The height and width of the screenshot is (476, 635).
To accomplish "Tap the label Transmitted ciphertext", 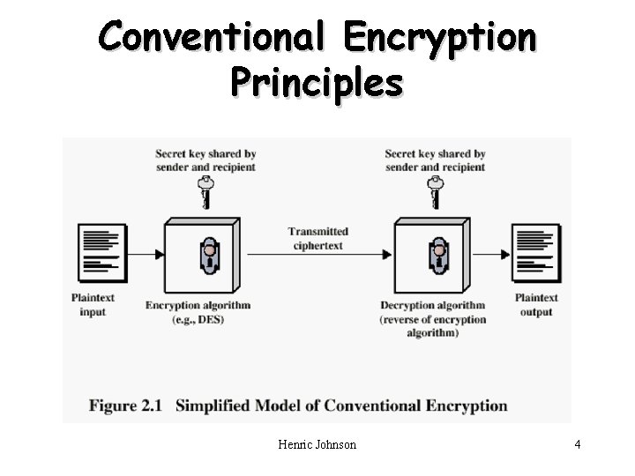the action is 317,238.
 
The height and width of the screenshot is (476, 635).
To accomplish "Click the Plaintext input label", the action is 93,304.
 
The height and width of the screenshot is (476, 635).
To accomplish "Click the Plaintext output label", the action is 536,304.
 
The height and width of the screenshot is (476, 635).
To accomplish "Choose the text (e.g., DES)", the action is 198,319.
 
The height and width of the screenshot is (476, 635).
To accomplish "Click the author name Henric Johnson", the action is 317,444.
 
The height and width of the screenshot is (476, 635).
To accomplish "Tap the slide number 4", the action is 577,444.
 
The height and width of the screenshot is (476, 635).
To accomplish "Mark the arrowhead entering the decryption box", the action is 387,255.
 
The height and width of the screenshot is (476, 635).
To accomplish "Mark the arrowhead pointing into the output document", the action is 505,255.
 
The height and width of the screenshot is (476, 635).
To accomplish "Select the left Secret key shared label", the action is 205,160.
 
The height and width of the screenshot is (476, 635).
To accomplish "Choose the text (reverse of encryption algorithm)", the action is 433,326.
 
